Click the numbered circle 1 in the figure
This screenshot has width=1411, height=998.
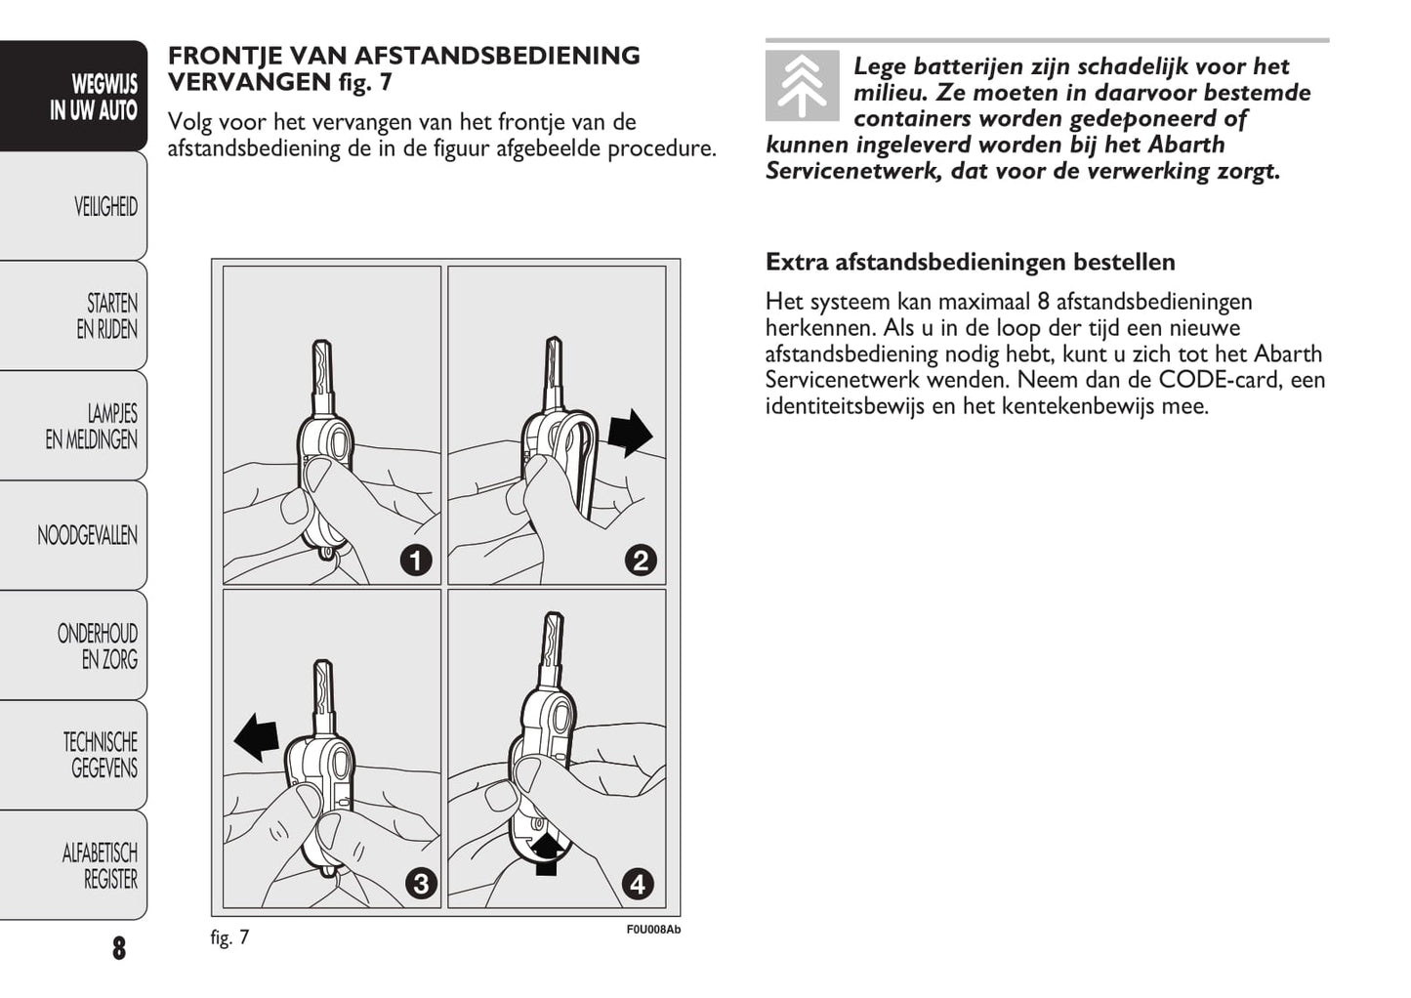pos(416,561)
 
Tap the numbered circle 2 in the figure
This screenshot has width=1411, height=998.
pos(641,561)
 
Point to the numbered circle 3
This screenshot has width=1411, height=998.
pos(421,884)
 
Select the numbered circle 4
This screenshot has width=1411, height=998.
pos(638,884)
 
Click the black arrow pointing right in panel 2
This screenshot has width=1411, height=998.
pos(630,432)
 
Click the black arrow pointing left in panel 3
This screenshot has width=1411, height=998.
pos(257,736)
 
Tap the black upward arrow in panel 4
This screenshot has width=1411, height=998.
pos(547,852)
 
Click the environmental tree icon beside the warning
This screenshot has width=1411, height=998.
pos(802,86)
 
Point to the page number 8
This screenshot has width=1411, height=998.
pos(119,947)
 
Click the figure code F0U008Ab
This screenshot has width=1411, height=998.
pos(653,929)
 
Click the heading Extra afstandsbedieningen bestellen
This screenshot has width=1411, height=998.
pos(970,262)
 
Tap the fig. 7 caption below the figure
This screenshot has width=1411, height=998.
pos(229,937)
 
